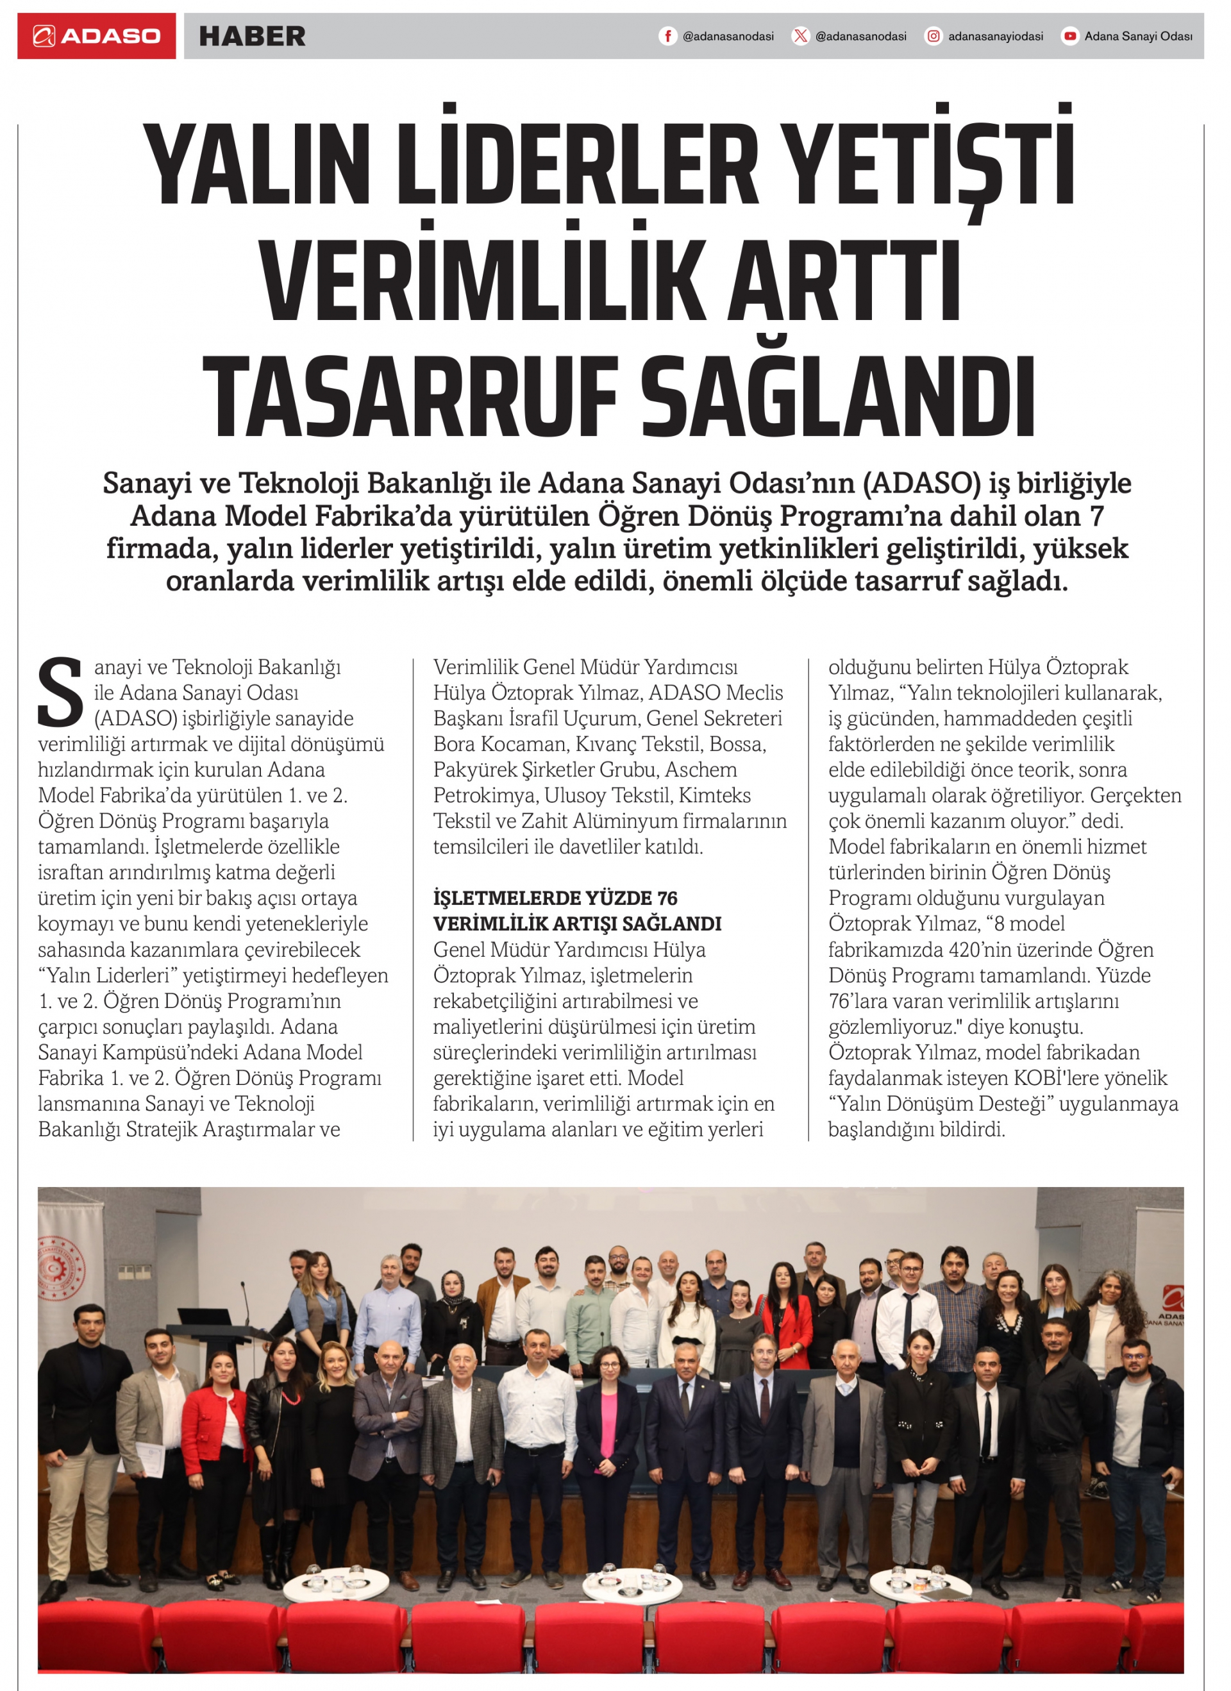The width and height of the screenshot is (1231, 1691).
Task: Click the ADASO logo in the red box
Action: point(97,36)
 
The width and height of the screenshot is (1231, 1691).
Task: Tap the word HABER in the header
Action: point(252,36)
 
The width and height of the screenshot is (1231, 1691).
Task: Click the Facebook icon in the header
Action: point(667,36)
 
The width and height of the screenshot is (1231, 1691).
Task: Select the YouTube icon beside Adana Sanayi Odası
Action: point(1070,36)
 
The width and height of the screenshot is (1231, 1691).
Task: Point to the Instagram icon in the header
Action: point(933,36)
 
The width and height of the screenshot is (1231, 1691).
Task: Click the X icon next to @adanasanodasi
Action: point(800,36)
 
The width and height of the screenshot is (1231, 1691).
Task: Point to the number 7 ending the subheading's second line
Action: point(1097,516)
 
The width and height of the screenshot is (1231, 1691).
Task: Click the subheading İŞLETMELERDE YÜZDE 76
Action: point(555,898)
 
